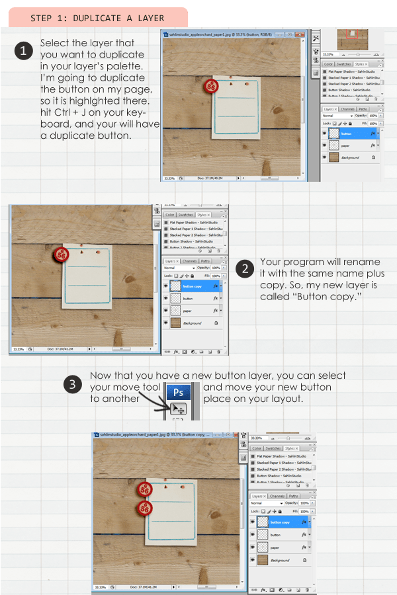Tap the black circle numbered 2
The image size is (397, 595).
[x=245, y=268]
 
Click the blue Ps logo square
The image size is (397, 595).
[x=178, y=391]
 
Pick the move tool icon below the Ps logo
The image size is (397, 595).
[x=178, y=409]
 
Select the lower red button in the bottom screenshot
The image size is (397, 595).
[x=144, y=507]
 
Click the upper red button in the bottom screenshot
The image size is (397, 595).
[x=144, y=490]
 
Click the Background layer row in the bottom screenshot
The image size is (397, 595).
[x=281, y=559]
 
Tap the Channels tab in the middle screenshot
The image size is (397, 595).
[x=190, y=261]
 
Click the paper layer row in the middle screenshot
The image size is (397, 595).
[x=192, y=311]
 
